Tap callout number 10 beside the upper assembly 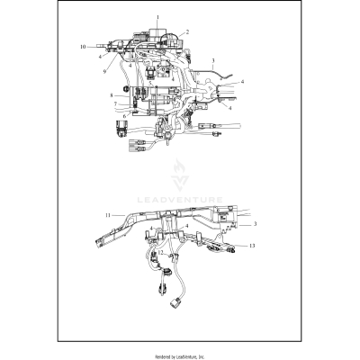tap(83, 45)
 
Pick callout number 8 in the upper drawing tap(110, 93)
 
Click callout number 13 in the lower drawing tap(252, 245)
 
